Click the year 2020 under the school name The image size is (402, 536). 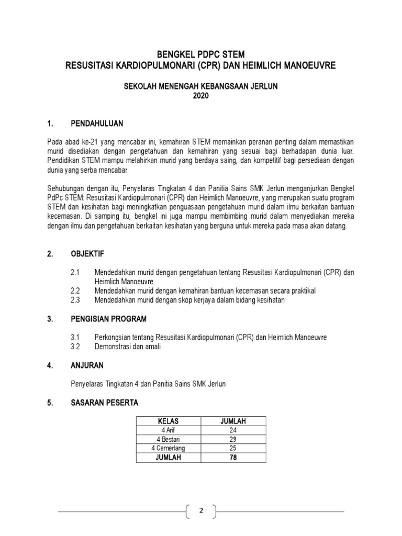pos(200,96)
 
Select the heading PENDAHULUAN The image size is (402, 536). pos(97,124)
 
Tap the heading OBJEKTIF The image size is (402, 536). pos(87,254)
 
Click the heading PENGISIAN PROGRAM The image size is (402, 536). pos(108,319)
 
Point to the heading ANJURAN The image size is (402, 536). pos(87,365)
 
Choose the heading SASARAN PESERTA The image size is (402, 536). pos(104,403)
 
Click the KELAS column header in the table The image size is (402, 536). pos(168,421)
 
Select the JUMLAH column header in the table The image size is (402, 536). pos(233,421)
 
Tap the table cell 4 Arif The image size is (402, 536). pos(168,430)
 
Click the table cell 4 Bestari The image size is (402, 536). pos(168,439)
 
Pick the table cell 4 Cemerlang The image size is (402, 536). pos(168,449)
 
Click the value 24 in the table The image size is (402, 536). pos(233,430)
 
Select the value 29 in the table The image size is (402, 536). pos(233,439)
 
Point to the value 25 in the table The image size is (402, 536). pos(233,449)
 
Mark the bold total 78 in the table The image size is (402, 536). pos(233,457)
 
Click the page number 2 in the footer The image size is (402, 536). pos(200,511)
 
